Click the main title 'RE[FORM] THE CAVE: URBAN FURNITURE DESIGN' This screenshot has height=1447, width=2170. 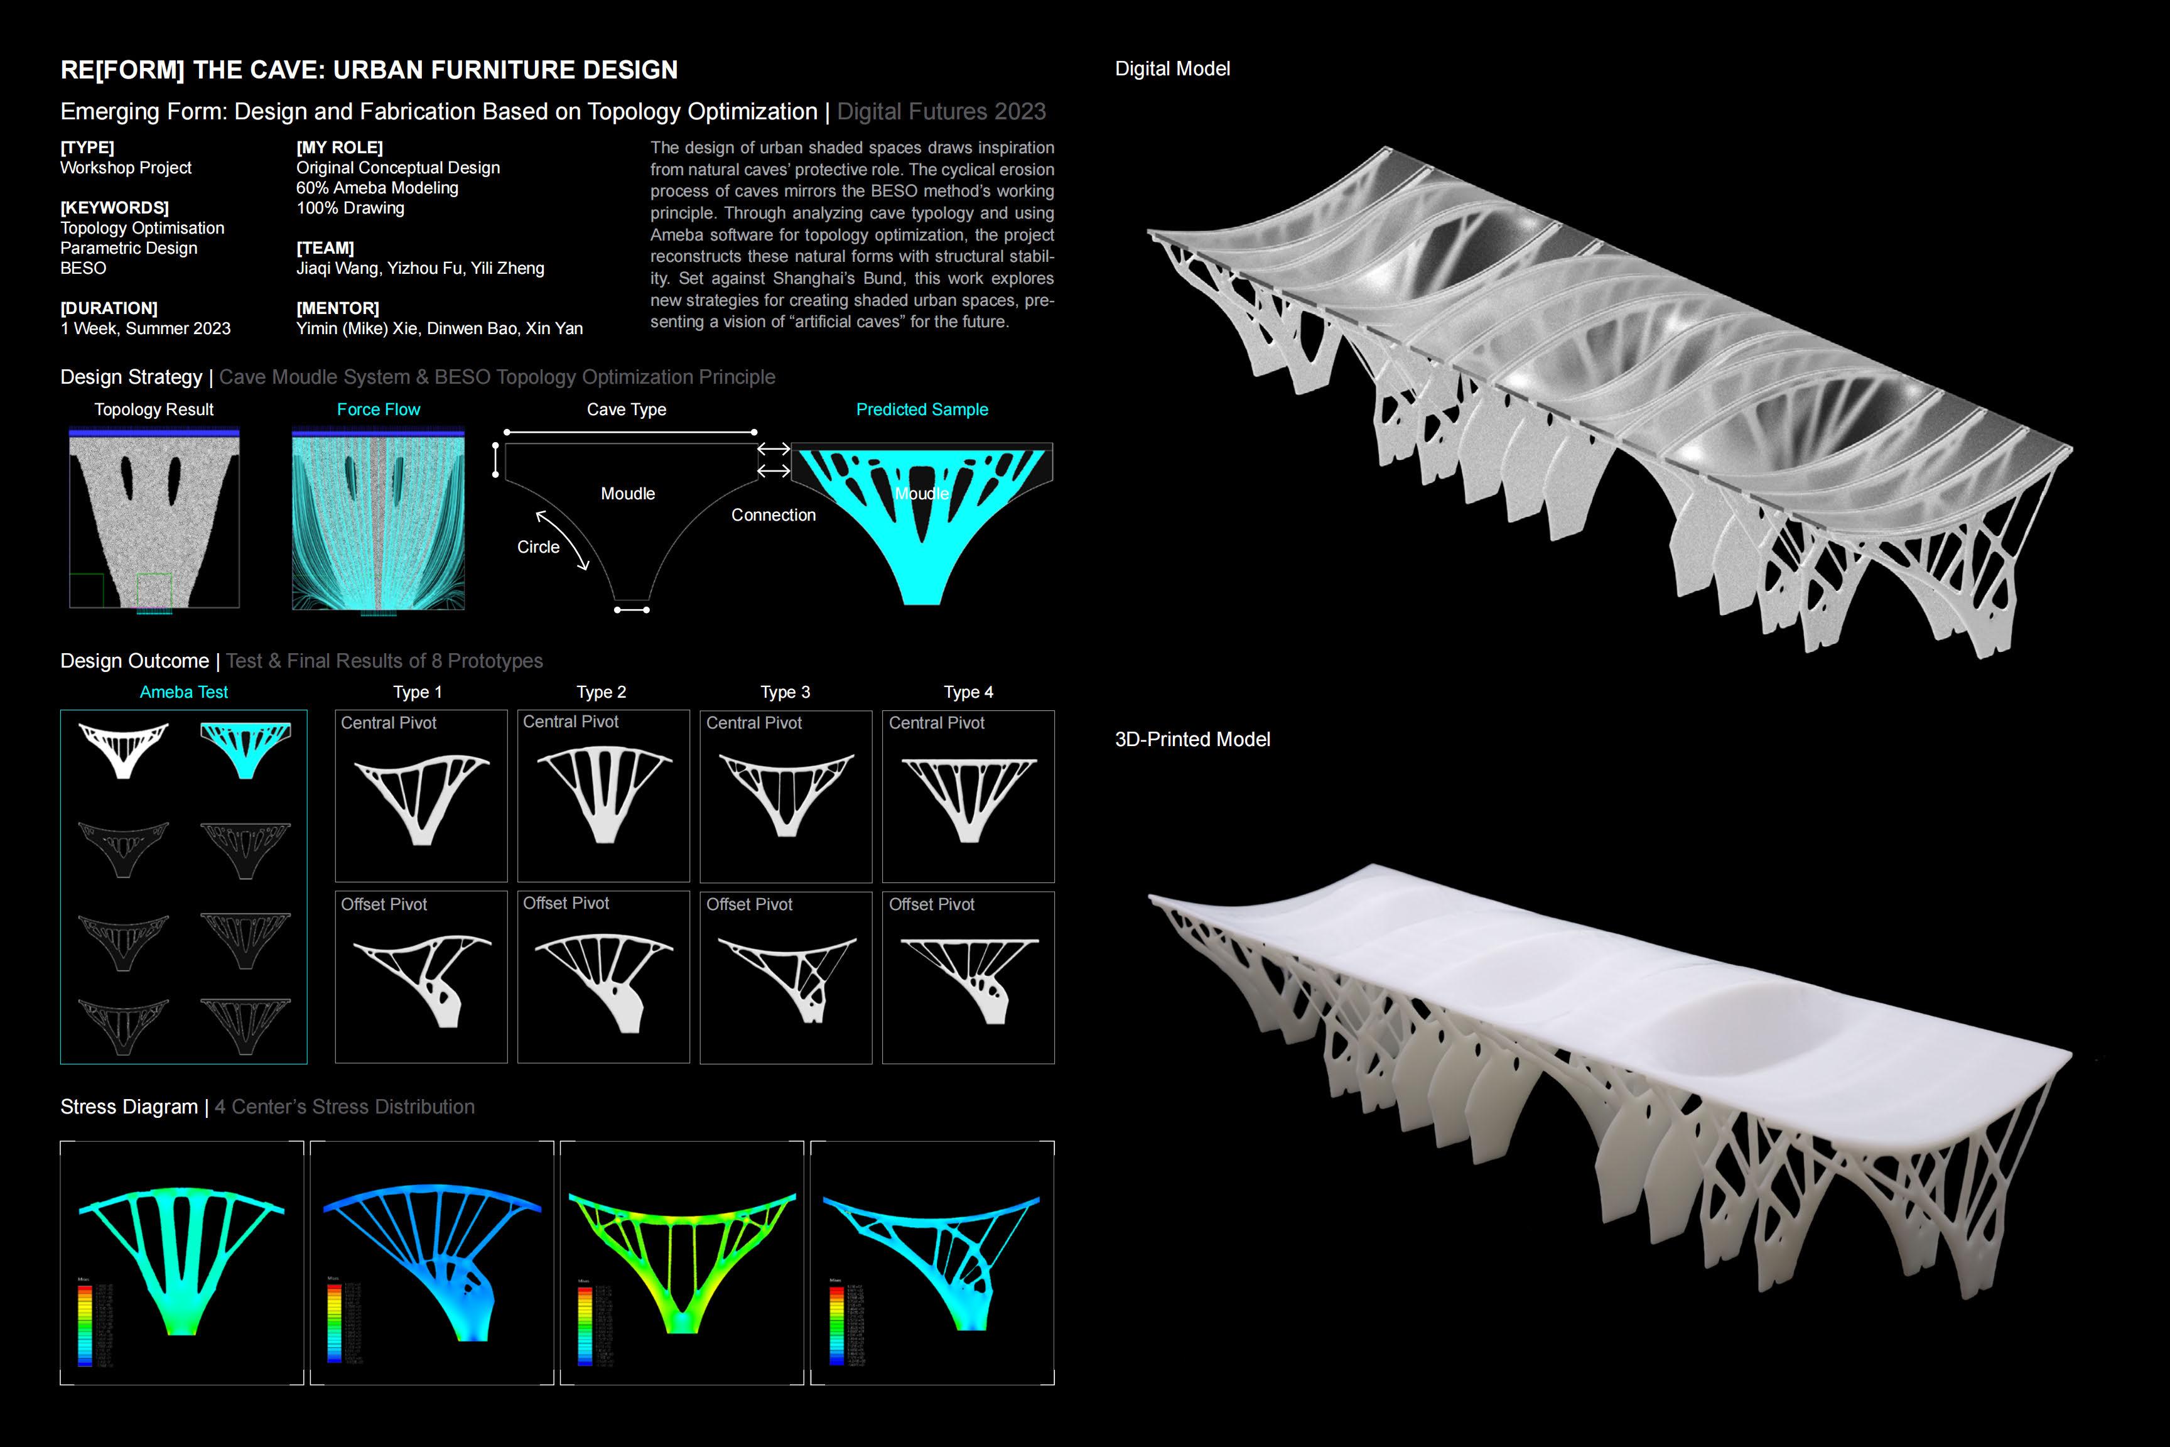point(369,70)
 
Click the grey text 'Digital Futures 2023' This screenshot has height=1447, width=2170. point(941,112)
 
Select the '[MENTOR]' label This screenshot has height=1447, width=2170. point(338,308)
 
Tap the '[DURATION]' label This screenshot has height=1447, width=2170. point(109,308)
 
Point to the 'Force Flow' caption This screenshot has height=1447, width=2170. point(378,409)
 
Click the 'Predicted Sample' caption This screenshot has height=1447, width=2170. point(922,409)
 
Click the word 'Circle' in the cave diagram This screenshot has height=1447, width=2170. point(538,547)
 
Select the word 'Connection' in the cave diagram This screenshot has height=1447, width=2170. point(773,515)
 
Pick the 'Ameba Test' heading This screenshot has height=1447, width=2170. point(183,692)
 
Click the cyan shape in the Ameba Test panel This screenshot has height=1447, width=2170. point(246,747)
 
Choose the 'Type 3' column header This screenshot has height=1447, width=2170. point(785,692)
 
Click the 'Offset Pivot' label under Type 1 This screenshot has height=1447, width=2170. point(384,904)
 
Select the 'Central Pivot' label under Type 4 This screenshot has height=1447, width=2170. point(936,723)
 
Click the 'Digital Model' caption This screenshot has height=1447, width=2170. point(1172,69)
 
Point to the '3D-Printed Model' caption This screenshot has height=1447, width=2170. point(1192,739)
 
